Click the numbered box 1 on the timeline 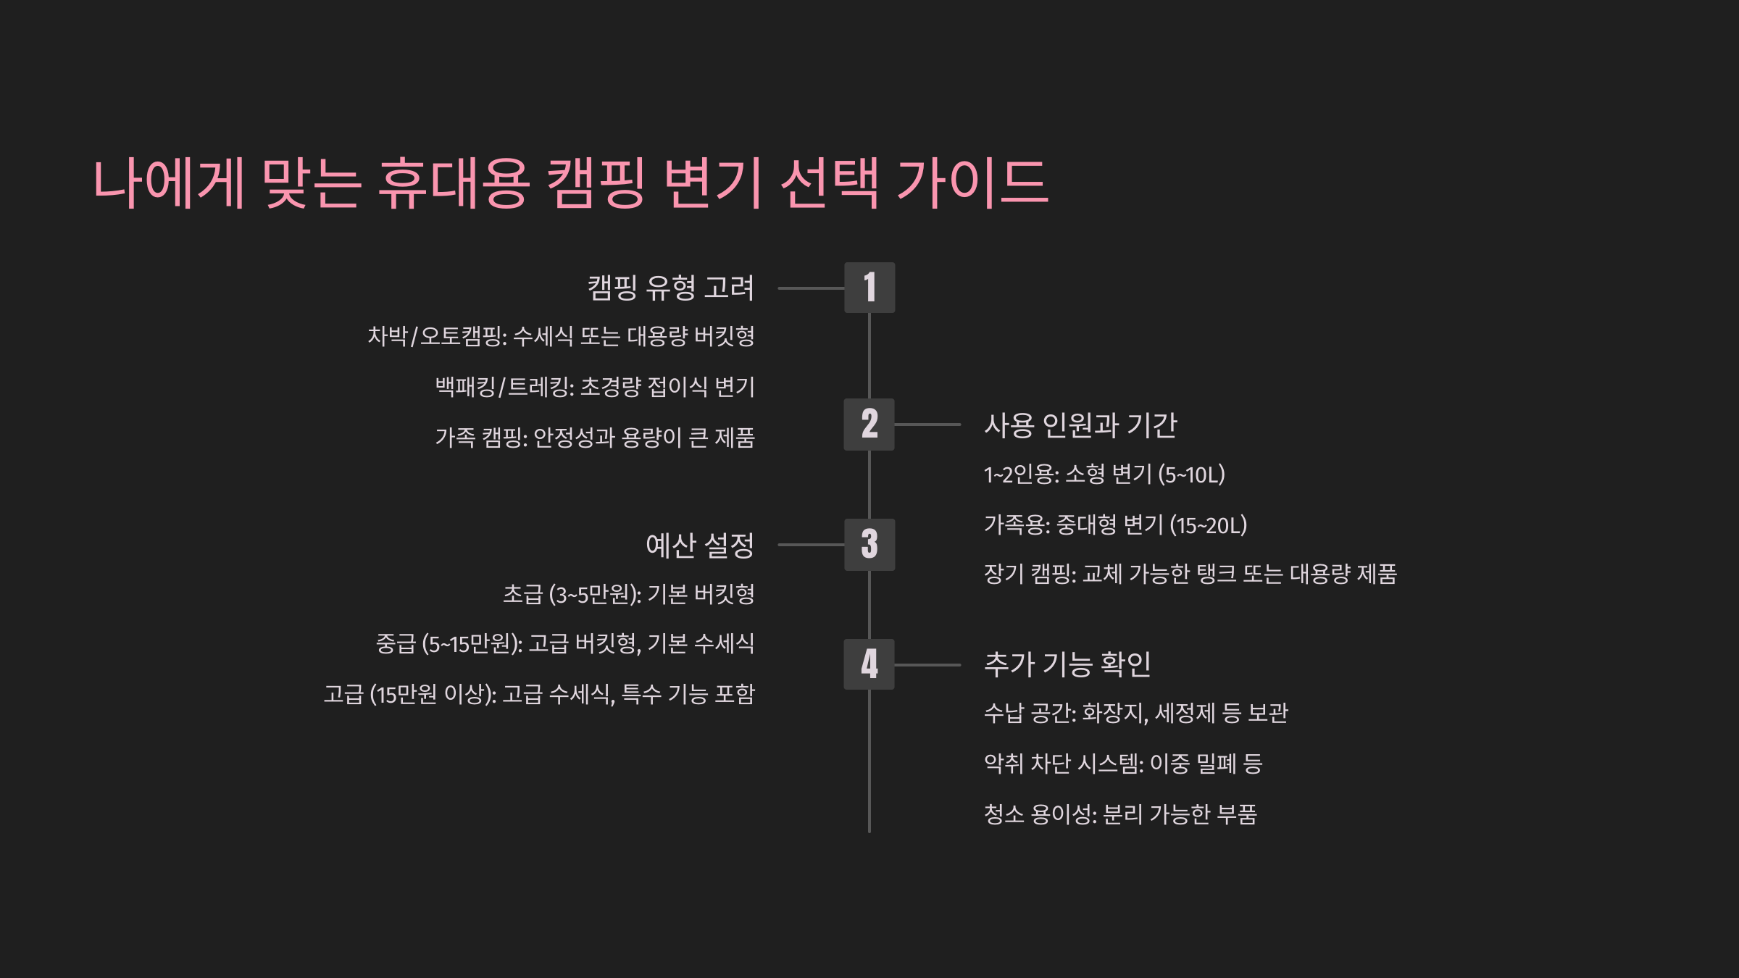coord(869,288)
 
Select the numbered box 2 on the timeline coord(869,424)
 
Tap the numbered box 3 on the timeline coord(869,544)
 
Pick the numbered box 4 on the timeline coord(869,664)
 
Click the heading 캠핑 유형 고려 coord(670,288)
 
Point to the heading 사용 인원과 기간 coord(1080,425)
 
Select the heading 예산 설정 coord(699,546)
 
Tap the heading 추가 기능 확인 coord(1067,664)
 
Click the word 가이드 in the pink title coord(972,183)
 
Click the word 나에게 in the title coord(169,183)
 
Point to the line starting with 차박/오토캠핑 coord(561,336)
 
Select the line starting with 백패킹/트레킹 coord(595,387)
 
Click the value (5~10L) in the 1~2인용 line coord(1191,475)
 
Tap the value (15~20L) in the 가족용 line coord(1208,525)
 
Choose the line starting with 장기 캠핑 coord(1190,574)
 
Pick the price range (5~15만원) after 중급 coord(472,644)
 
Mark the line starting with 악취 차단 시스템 coord(1122,764)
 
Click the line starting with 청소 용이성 coord(1119,814)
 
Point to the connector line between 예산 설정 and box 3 coord(811,545)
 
